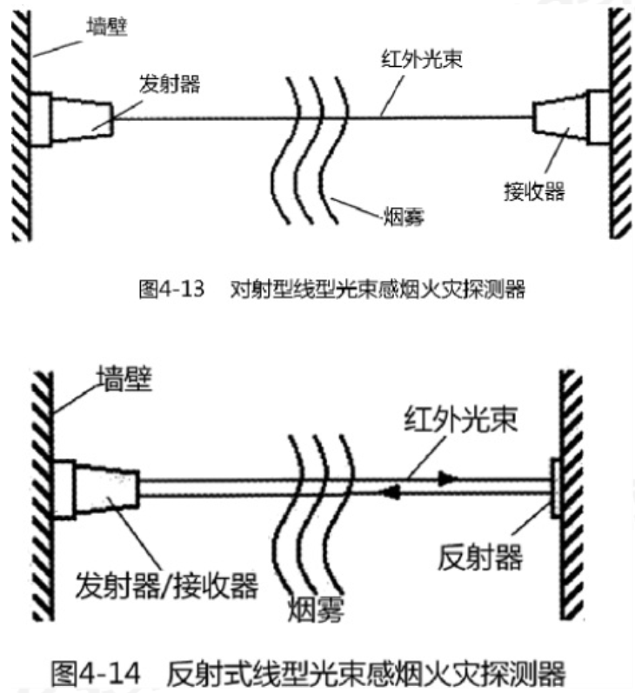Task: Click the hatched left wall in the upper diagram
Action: point(20,122)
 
